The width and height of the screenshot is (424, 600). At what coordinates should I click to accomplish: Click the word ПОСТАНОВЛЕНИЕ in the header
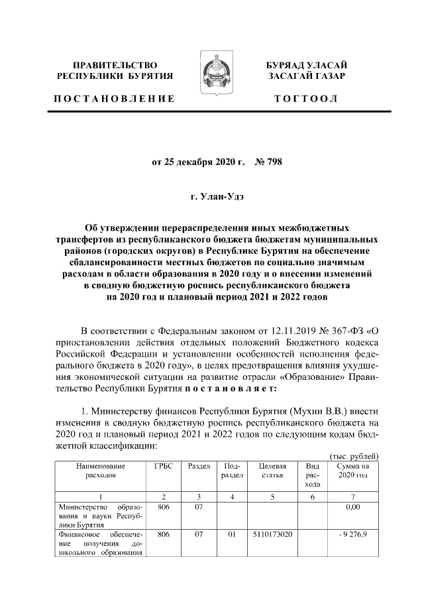coord(115,99)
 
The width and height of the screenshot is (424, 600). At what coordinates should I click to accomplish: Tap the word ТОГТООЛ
coord(305,99)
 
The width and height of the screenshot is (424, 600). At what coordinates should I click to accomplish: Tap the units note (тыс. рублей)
coord(354,456)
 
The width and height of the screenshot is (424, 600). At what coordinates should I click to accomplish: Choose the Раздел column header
coord(199,466)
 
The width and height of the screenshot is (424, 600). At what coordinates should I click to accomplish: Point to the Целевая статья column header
coord(273,471)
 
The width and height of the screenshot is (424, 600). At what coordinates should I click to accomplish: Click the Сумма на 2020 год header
coord(354,471)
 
